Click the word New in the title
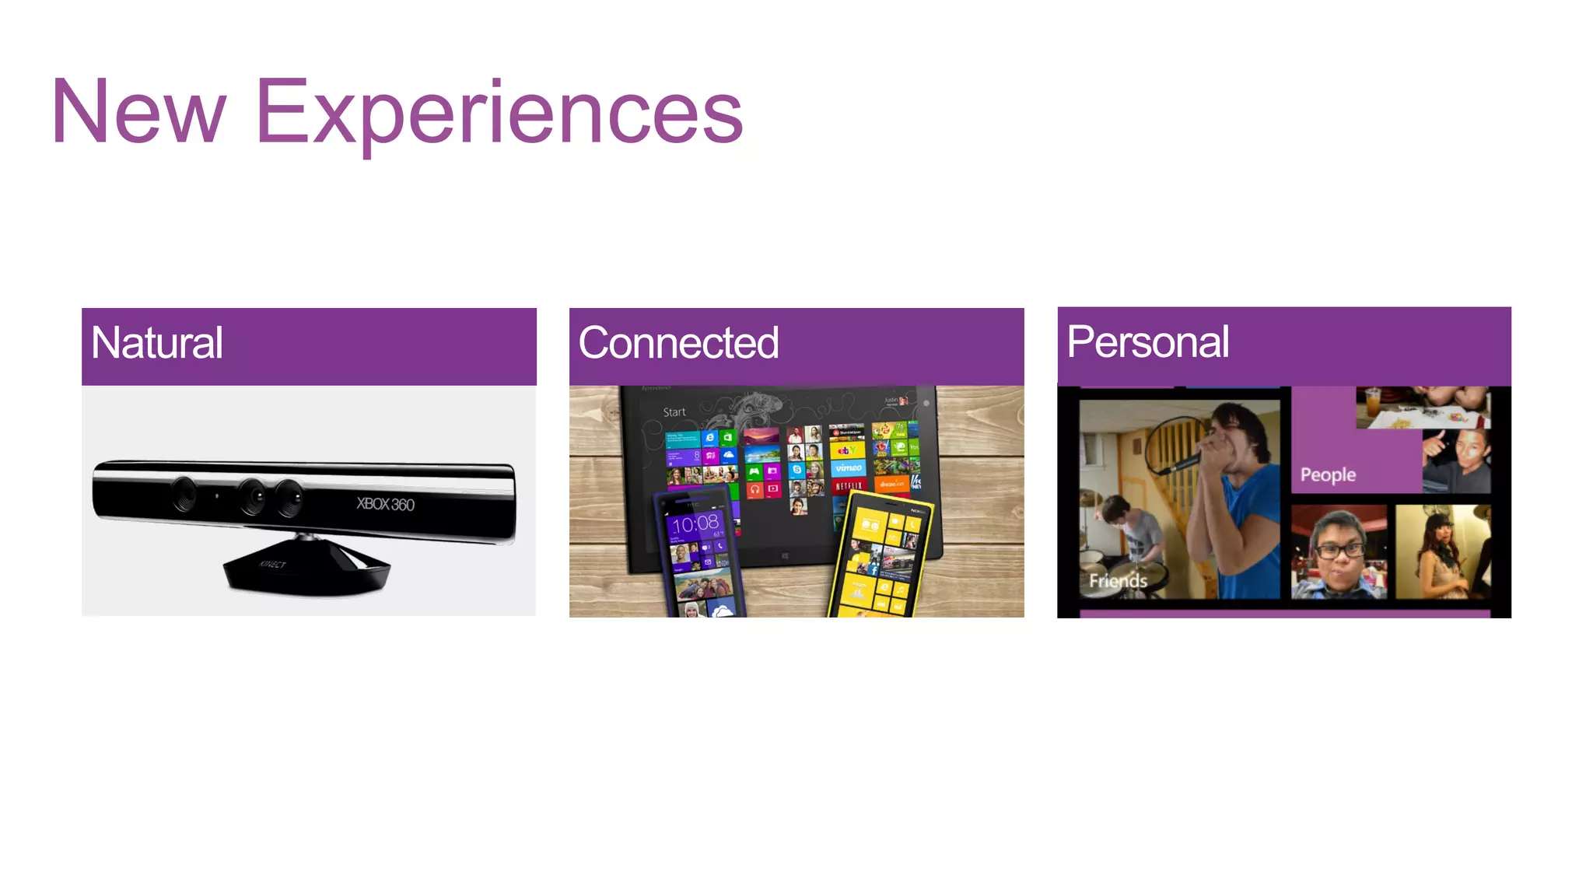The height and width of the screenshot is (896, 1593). click(x=138, y=112)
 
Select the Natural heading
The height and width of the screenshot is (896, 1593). click(x=157, y=343)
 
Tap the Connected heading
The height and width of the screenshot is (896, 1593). click(x=678, y=343)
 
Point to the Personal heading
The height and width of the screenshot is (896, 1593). click(x=1147, y=341)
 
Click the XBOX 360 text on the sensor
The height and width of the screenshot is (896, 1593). click(x=385, y=504)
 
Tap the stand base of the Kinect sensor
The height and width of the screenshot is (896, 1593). click(x=306, y=572)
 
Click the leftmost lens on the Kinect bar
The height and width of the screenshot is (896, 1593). click(x=184, y=495)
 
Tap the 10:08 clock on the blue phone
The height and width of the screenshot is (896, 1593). click(x=695, y=523)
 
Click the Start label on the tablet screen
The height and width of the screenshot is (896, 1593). click(x=674, y=412)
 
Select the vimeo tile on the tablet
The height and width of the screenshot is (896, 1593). click(x=848, y=467)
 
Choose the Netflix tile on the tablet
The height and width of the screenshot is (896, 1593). click(x=848, y=486)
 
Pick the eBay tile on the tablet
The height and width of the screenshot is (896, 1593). click(x=847, y=450)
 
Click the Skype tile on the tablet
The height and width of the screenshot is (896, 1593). click(x=796, y=470)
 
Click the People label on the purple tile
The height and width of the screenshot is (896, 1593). click(x=1328, y=474)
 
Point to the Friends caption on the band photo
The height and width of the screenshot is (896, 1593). click(x=1118, y=581)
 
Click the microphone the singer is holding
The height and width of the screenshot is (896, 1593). click(x=1182, y=463)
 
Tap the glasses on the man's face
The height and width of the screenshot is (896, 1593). click(x=1338, y=549)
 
